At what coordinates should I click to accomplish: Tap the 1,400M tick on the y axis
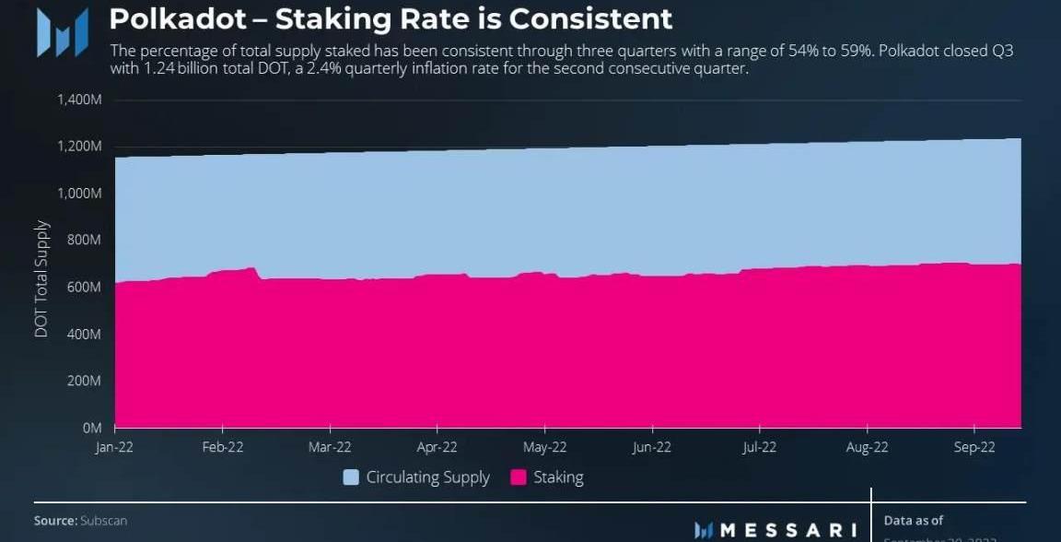click(x=79, y=99)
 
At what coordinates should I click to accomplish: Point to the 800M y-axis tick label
click(x=83, y=240)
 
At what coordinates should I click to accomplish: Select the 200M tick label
click(x=83, y=381)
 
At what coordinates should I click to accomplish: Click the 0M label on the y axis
click(x=92, y=428)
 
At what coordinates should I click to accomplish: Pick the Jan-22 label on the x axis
click(x=115, y=447)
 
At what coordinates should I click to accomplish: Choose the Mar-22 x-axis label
click(x=330, y=447)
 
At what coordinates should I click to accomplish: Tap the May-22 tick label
click(x=544, y=447)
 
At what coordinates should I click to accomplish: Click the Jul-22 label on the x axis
click(x=759, y=447)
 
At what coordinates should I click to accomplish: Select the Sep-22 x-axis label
click(x=974, y=447)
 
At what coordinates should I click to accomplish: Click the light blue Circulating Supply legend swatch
click(x=351, y=477)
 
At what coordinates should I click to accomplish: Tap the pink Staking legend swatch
click(x=519, y=477)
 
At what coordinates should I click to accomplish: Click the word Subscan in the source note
click(x=103, y=521)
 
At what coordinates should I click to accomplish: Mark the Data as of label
click(x=914, y=521)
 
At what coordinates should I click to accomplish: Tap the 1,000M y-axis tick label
click(x=79, y=193)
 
